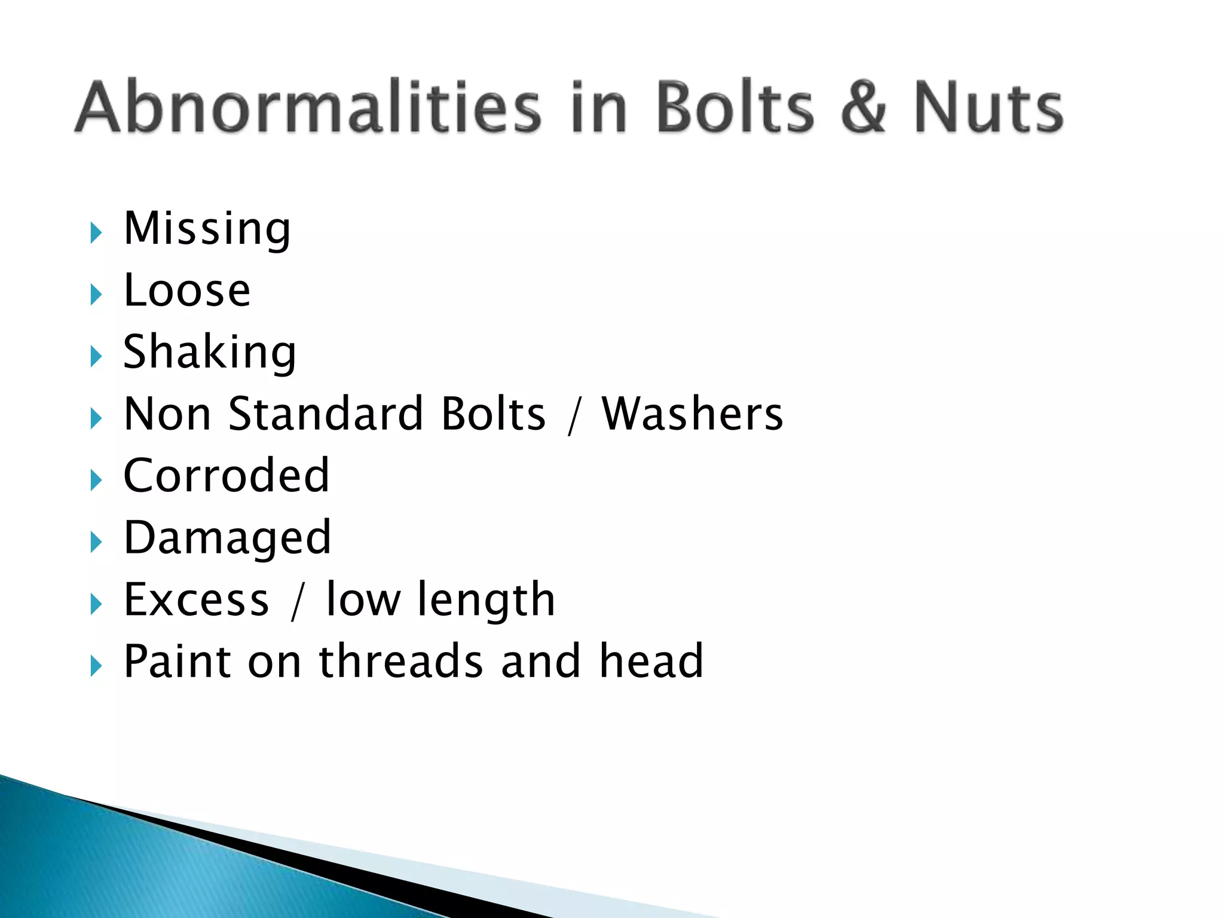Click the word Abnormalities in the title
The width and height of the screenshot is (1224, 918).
[x=308, y=108]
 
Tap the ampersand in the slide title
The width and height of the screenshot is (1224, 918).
[x=863, y=108]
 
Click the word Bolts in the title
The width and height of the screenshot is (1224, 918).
[x=735, y=108]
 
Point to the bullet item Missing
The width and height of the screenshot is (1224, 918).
[x=207, y=229]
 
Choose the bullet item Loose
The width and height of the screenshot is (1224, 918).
[x=187, y=290]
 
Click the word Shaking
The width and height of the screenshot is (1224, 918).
[x=209, y=353]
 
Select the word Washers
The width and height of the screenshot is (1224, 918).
[x=692, y=414]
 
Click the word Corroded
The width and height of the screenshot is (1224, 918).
[x=227, y=476]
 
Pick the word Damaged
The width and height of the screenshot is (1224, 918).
[x=227, y=538]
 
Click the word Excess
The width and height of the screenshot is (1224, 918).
[x=197, y=599]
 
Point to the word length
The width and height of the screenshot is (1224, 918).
[x=486, y=599]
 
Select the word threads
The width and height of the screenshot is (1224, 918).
[x=401, y=662]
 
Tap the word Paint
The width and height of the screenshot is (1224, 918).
[x=178, y=662]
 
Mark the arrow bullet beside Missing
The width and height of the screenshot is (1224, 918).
[x=96, y=232]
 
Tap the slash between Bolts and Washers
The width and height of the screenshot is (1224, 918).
[x=574, y=415]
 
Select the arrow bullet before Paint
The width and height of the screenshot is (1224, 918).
[x=96, y=665]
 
